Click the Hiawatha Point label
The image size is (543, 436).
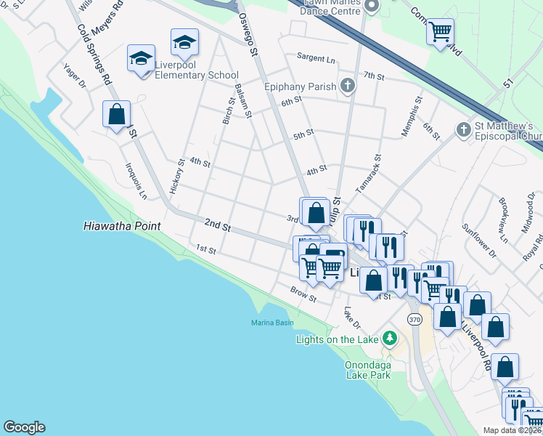121,226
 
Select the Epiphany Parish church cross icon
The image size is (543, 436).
348,86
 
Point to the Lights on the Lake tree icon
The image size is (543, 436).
390,339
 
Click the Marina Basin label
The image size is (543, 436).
272,322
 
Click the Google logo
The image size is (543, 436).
24,427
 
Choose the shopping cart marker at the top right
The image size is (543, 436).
440,32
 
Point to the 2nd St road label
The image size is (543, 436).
217,226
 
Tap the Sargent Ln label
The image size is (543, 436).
316,57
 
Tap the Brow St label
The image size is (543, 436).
303,294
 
